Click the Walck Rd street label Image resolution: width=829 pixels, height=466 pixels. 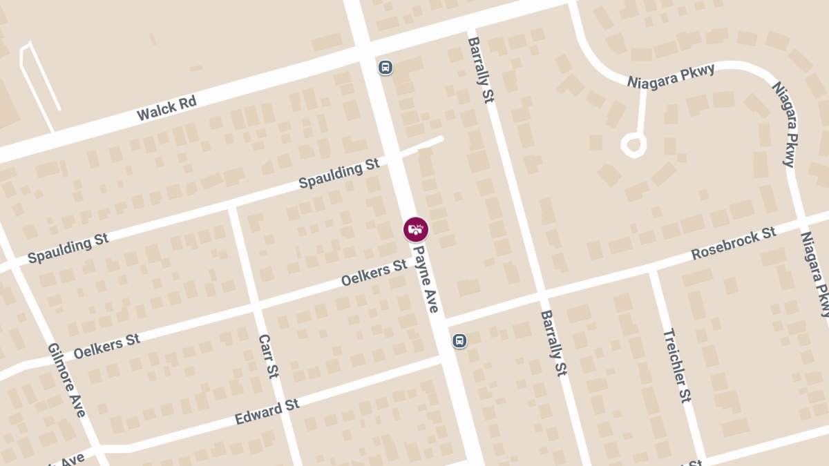coord(166,109)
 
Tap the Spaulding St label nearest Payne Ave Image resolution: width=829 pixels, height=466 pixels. coord(339,174)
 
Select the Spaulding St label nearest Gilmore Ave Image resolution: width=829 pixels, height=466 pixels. coord(68,249)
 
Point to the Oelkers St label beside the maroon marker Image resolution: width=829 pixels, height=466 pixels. coord(374,273)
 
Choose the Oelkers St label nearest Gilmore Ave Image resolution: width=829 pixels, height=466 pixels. coord(106,345)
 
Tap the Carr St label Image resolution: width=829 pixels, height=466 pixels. coord(268,356)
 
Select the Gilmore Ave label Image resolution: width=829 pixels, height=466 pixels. coord(67,379)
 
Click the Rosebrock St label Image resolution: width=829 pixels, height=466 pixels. coord(734,244)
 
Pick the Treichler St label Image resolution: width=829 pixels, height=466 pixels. coord(677,365)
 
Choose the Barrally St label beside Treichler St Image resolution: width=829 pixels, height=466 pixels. coord(554,342)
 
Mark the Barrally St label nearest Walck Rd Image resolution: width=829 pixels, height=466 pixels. coord(481,70)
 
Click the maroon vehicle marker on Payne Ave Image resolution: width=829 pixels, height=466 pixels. coord(416,229)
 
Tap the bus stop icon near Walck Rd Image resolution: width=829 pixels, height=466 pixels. coord(385,67)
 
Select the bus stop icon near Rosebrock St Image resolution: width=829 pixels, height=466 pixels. coord(459,340)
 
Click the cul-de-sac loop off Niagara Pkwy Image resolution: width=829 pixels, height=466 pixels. coord(633,145)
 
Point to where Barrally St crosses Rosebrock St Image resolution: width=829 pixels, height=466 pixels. coord(542,293)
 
